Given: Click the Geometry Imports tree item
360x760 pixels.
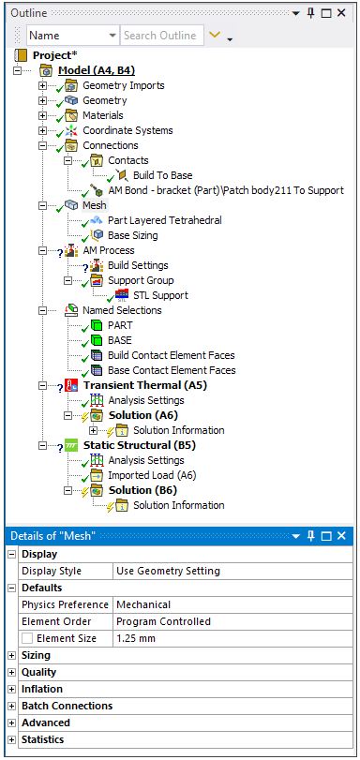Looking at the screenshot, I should pos(123,85).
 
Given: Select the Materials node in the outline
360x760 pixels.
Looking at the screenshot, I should pos(102,115).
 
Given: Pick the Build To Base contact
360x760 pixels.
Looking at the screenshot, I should pos(162,175).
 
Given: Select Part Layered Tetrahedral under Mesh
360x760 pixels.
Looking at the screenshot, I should pos(164,220).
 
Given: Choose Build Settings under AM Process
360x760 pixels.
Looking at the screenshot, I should pos(138,265).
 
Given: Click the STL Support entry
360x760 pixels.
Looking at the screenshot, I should pos(160,295).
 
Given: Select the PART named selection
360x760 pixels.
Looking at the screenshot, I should pos(120,325).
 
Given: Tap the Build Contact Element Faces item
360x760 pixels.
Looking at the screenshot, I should pos(172,355).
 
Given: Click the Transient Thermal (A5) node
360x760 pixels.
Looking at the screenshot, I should pos(144,385).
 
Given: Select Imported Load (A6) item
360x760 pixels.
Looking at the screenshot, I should pos(152,475).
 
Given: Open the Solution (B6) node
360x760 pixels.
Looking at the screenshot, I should pos(142,490).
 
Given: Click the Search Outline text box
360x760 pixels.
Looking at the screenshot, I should pos(160,35).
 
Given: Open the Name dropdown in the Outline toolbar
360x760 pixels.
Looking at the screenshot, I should pos(70,35).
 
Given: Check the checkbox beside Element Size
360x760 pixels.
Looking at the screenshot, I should pos(27,638).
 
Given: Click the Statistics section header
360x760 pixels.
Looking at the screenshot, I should pos(43,739).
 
